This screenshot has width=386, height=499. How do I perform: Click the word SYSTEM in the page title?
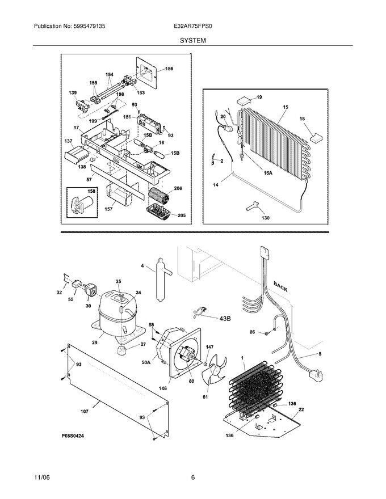pos(192,40)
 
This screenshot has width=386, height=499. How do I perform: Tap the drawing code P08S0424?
pos(73,435)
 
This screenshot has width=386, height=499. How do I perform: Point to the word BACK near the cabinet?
pos(280,286)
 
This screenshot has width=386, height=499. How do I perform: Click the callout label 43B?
pos(225,318)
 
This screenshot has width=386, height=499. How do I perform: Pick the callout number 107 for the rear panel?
pos(85,411)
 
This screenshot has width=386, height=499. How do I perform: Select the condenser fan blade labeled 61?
pos(215,371)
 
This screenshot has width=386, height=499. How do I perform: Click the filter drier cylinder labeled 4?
pos(161,279)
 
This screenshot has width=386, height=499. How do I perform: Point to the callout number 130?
pos(265,218)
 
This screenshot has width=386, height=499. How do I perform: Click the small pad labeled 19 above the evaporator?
pos(244,100)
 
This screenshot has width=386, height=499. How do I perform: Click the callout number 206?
pos(178,188)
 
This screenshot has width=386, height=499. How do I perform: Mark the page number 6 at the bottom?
pos(192,477)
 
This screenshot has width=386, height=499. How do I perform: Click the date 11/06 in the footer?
pos(41,477)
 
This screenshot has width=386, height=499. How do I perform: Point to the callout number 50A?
pos(146,362)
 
